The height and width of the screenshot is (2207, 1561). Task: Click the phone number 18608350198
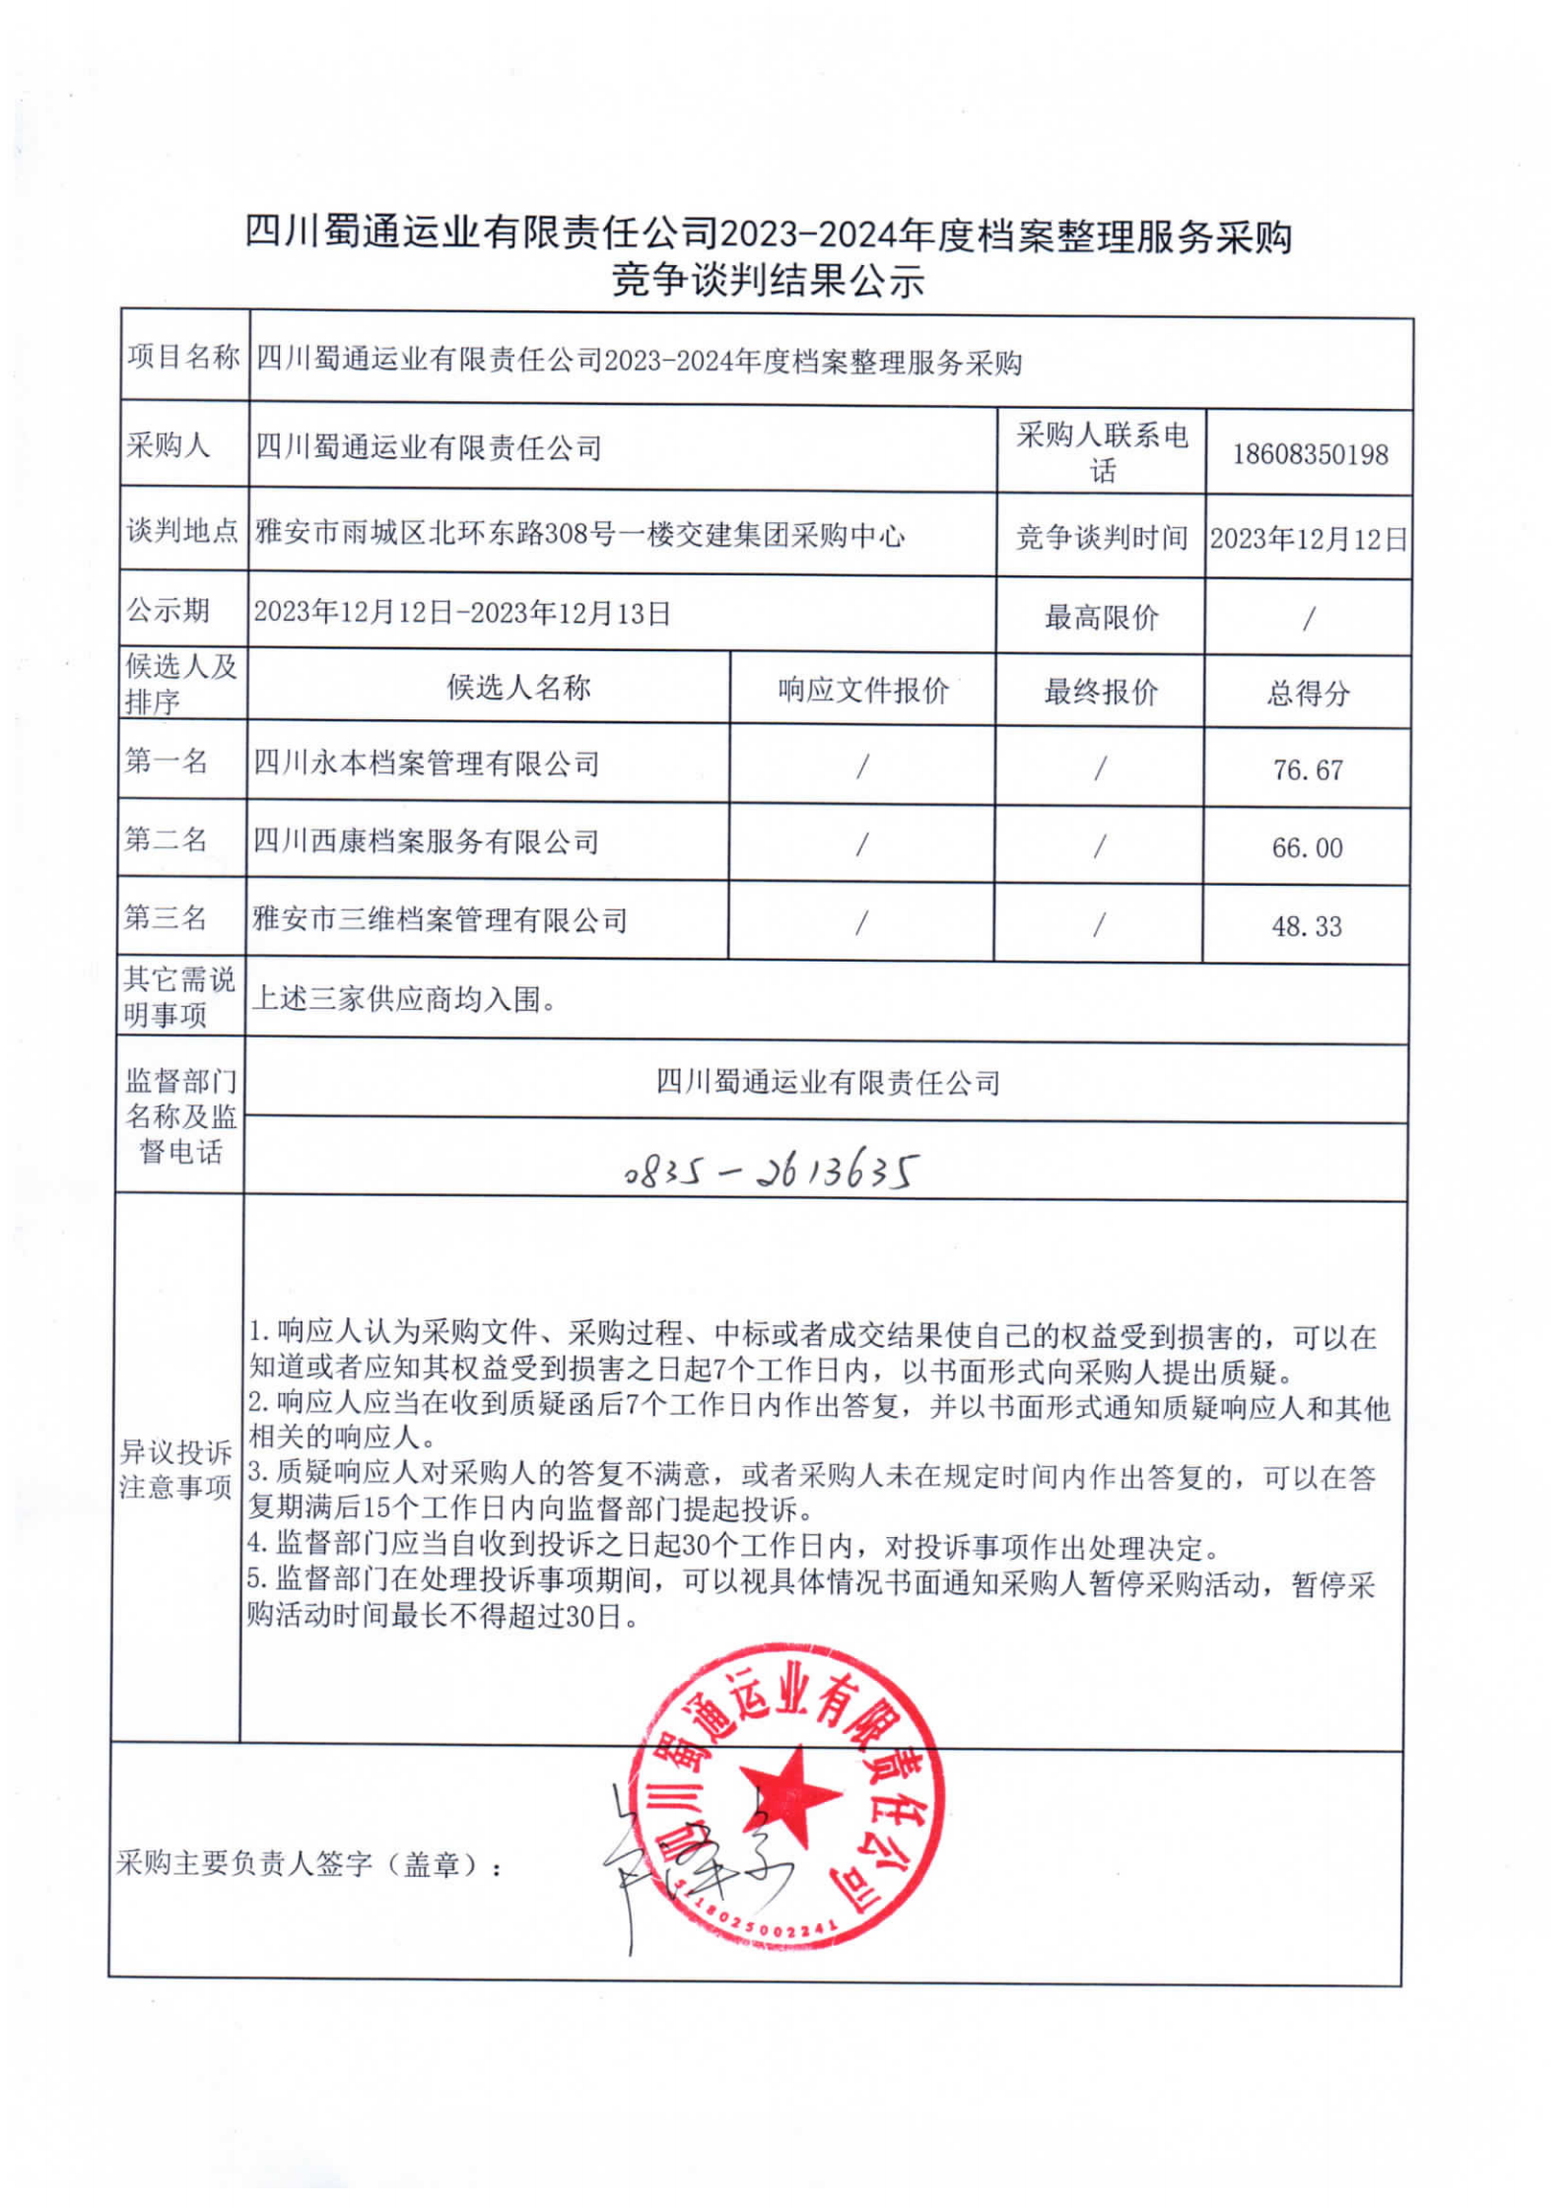[x=1309, y=454]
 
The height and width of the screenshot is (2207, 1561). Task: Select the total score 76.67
[x=1307, y=769]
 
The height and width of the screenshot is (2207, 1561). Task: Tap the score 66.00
[x=1307, y=847]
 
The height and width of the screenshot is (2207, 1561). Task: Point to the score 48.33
[x=1306, y=926]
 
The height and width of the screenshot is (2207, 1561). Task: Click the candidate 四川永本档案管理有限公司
[x=427, y=764]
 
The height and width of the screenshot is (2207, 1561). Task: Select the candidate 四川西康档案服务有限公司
[x=427, y=841]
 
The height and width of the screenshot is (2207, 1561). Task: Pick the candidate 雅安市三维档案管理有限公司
[x=440, y=920]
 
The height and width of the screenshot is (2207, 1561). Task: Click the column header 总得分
[x=1307, y=694]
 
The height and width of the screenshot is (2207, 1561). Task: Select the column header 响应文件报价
[x=862, y=690]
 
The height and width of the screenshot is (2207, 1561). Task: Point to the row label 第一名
[x=166, y=761]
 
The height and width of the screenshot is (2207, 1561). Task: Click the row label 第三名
[x=165, y=917]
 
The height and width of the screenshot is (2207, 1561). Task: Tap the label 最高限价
[x=1101, y=618]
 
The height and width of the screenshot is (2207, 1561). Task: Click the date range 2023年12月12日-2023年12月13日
[x=462, y=613]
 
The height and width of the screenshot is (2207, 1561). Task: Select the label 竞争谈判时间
[x=1101, y=537]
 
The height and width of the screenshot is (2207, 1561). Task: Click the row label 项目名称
[x=183, y=357]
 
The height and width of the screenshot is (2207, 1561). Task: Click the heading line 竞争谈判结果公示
[x=768, y=282]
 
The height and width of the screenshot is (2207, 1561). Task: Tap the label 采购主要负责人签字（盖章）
[x=308, y=1864]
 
